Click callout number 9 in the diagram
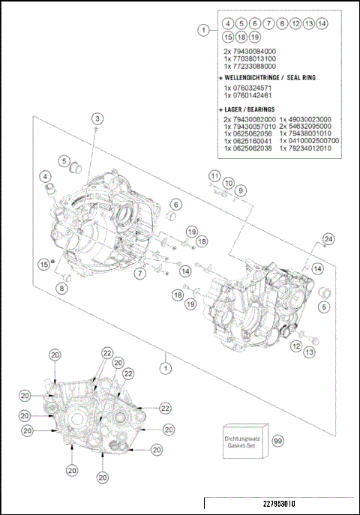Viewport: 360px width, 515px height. click(x=241, y=191)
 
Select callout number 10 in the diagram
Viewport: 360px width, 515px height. click(x=228, y=183)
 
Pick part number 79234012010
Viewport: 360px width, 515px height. click(x=309, y=148)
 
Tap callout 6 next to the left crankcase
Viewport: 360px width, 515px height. click(x=175, y=204)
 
